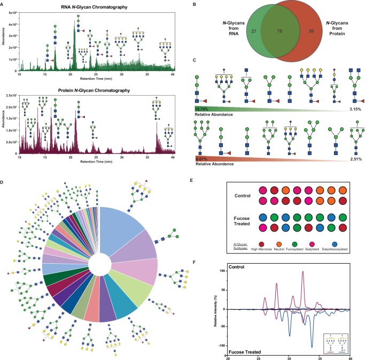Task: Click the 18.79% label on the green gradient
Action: click(204, 109)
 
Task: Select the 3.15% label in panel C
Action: click(349, 109)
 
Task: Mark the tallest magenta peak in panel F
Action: click(303, 272)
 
